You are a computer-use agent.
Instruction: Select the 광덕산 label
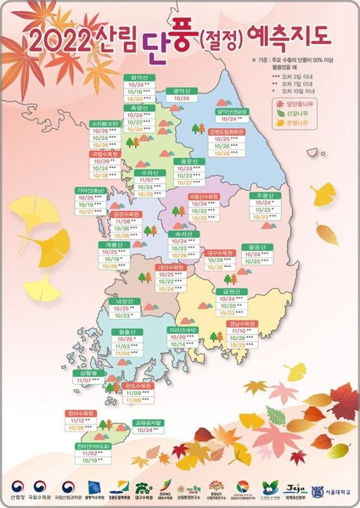[181, 92]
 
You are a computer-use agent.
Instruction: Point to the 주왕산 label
[263, 196]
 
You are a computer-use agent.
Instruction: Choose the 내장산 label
[122, 302]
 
